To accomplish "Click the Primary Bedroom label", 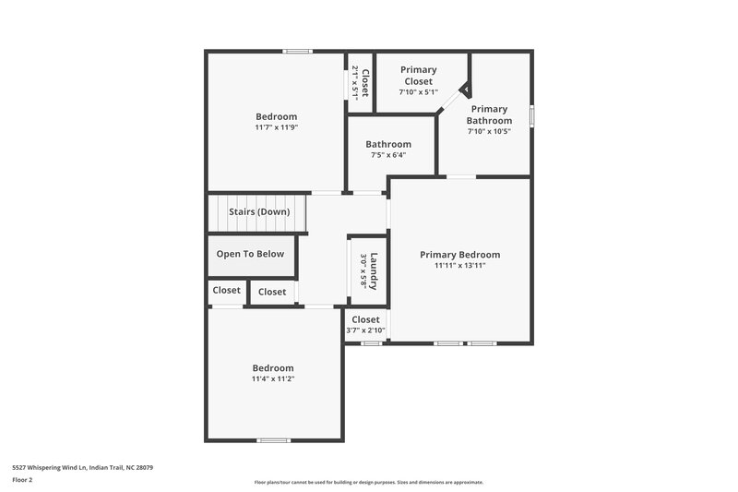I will pos(459,255).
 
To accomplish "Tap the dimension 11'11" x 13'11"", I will pos(459,266).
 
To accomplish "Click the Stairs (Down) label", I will pos(259,212).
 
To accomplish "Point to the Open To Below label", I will pos(250,255).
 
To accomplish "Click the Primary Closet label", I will pos(418,75).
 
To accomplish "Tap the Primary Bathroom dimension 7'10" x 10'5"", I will pos(489,131).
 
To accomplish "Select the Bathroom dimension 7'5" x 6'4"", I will pos(387,155).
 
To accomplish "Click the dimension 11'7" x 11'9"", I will pos(276,127).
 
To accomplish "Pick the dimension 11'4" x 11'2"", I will pos(273,378).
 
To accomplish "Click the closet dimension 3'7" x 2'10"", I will pos(365,330).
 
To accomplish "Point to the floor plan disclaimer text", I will pos(369,482).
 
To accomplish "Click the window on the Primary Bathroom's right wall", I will pos(531,116).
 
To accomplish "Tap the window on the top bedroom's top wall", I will pos(297,51).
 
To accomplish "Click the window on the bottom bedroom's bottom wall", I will pos(272,439).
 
